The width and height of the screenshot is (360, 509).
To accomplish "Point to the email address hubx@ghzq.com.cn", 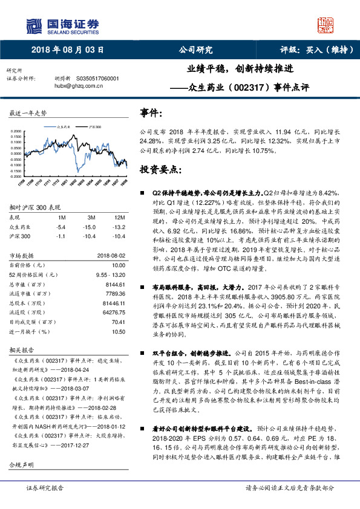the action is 76,86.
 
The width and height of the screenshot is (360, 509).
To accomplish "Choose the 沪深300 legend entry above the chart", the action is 94,128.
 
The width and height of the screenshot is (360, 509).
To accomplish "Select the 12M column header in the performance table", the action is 119,217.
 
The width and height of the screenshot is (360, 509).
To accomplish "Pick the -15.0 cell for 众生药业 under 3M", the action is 91,226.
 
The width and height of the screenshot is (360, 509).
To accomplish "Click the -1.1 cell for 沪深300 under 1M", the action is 61,235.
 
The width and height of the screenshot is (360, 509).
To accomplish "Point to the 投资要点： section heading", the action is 160,169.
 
